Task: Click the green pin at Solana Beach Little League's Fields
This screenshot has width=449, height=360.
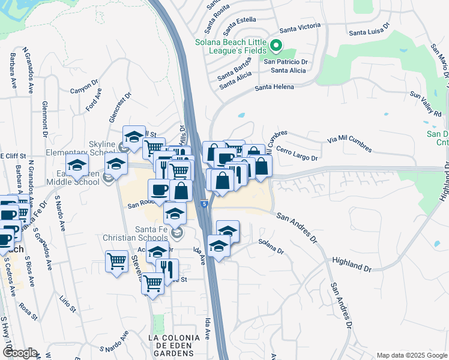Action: pos(276,45)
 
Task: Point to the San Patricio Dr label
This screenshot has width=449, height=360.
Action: pos(285,61)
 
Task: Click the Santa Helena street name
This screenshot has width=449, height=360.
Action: pos(274,87)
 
